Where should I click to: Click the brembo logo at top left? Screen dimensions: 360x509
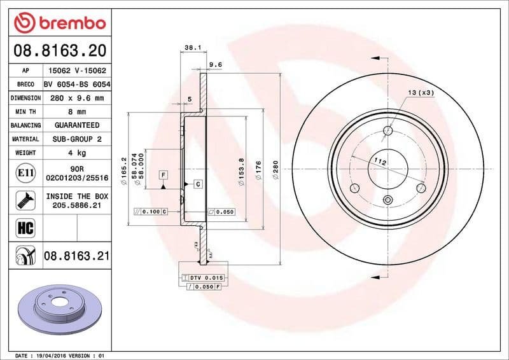pyautogui.click(x=59, y=22)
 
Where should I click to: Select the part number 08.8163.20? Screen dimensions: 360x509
pyautogui.click(x=59, y=50)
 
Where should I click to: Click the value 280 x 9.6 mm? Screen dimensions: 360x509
pyautogui.click(x=76, y=98)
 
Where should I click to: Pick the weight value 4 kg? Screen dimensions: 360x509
pyautogui.click(x=76, y=153)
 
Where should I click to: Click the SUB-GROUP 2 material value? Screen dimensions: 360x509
pyautogui.click(x=76, y=139)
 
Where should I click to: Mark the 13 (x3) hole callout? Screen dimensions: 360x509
pyautogui.click(x=421, y=93)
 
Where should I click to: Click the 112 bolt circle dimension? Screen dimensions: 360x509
pyautogui.click(x=380, y=162)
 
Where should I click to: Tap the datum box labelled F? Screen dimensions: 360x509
pyautogui.click(x=164, y=174)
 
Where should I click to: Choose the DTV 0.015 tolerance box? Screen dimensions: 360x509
pyautogui.click(x=203, y=278)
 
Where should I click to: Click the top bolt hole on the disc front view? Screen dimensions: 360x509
pyautogui.click(x=388, y=132)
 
